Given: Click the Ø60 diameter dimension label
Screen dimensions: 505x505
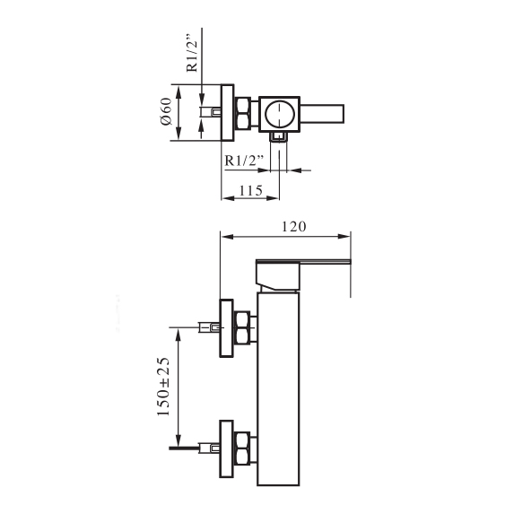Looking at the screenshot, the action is [166, 111].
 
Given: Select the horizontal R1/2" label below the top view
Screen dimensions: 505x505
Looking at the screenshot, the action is [244, 160].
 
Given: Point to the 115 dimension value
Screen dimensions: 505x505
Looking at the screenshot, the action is [251, 191].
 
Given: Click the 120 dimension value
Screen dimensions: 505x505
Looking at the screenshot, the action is [293, 226].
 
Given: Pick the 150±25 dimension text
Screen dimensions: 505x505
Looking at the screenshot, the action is [163, 387].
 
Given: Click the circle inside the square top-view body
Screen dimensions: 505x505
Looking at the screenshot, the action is [280, 114].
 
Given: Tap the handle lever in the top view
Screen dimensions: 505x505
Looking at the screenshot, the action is [322, 114].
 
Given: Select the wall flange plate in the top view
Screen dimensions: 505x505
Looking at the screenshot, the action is [227, 112].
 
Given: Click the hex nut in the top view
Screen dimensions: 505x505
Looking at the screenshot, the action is [242, 113].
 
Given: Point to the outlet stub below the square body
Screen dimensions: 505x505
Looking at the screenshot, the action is [279, 137].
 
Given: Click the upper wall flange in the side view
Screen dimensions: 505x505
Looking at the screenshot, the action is [226, 328].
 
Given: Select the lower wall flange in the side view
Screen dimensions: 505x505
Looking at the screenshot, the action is [226, 448].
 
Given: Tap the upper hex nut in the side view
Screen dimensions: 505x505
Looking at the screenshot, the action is [242, 328].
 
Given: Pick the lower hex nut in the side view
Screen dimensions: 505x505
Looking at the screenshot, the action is [242, 448].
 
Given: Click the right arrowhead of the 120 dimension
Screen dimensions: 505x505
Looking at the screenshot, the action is [344, 237].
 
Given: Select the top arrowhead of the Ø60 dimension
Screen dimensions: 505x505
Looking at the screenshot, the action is [178, 91].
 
